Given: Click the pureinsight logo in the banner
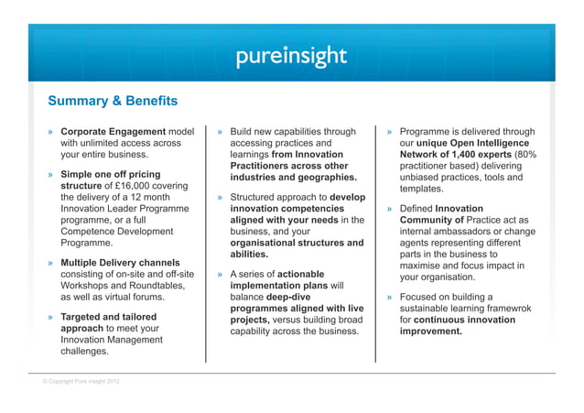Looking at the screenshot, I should tap(291, 57).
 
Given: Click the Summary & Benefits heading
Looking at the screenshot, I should tap(113, 101).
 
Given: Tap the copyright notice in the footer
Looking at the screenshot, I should tap(81, 381).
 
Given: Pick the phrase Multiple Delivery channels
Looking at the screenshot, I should tap(120, 263).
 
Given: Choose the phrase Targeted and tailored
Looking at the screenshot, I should tap(108, 317).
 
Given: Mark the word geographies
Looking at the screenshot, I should tap(325, 177).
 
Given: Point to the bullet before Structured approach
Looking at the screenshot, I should tap(222, 197).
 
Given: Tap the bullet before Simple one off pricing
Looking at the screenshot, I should tap(51, 175).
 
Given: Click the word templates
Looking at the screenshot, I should tap(422, 189).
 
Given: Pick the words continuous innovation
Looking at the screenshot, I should tap(466, 321).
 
